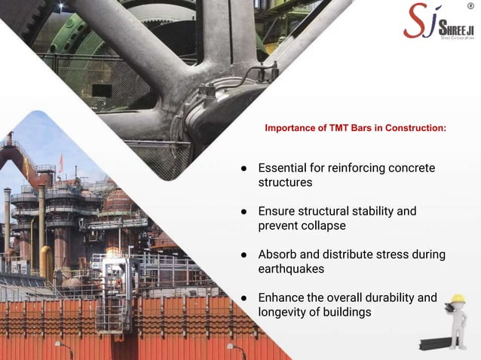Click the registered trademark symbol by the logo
(470, 6)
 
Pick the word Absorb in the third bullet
(277, 255)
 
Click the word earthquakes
(291, 269)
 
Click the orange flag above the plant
(61, 161)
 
